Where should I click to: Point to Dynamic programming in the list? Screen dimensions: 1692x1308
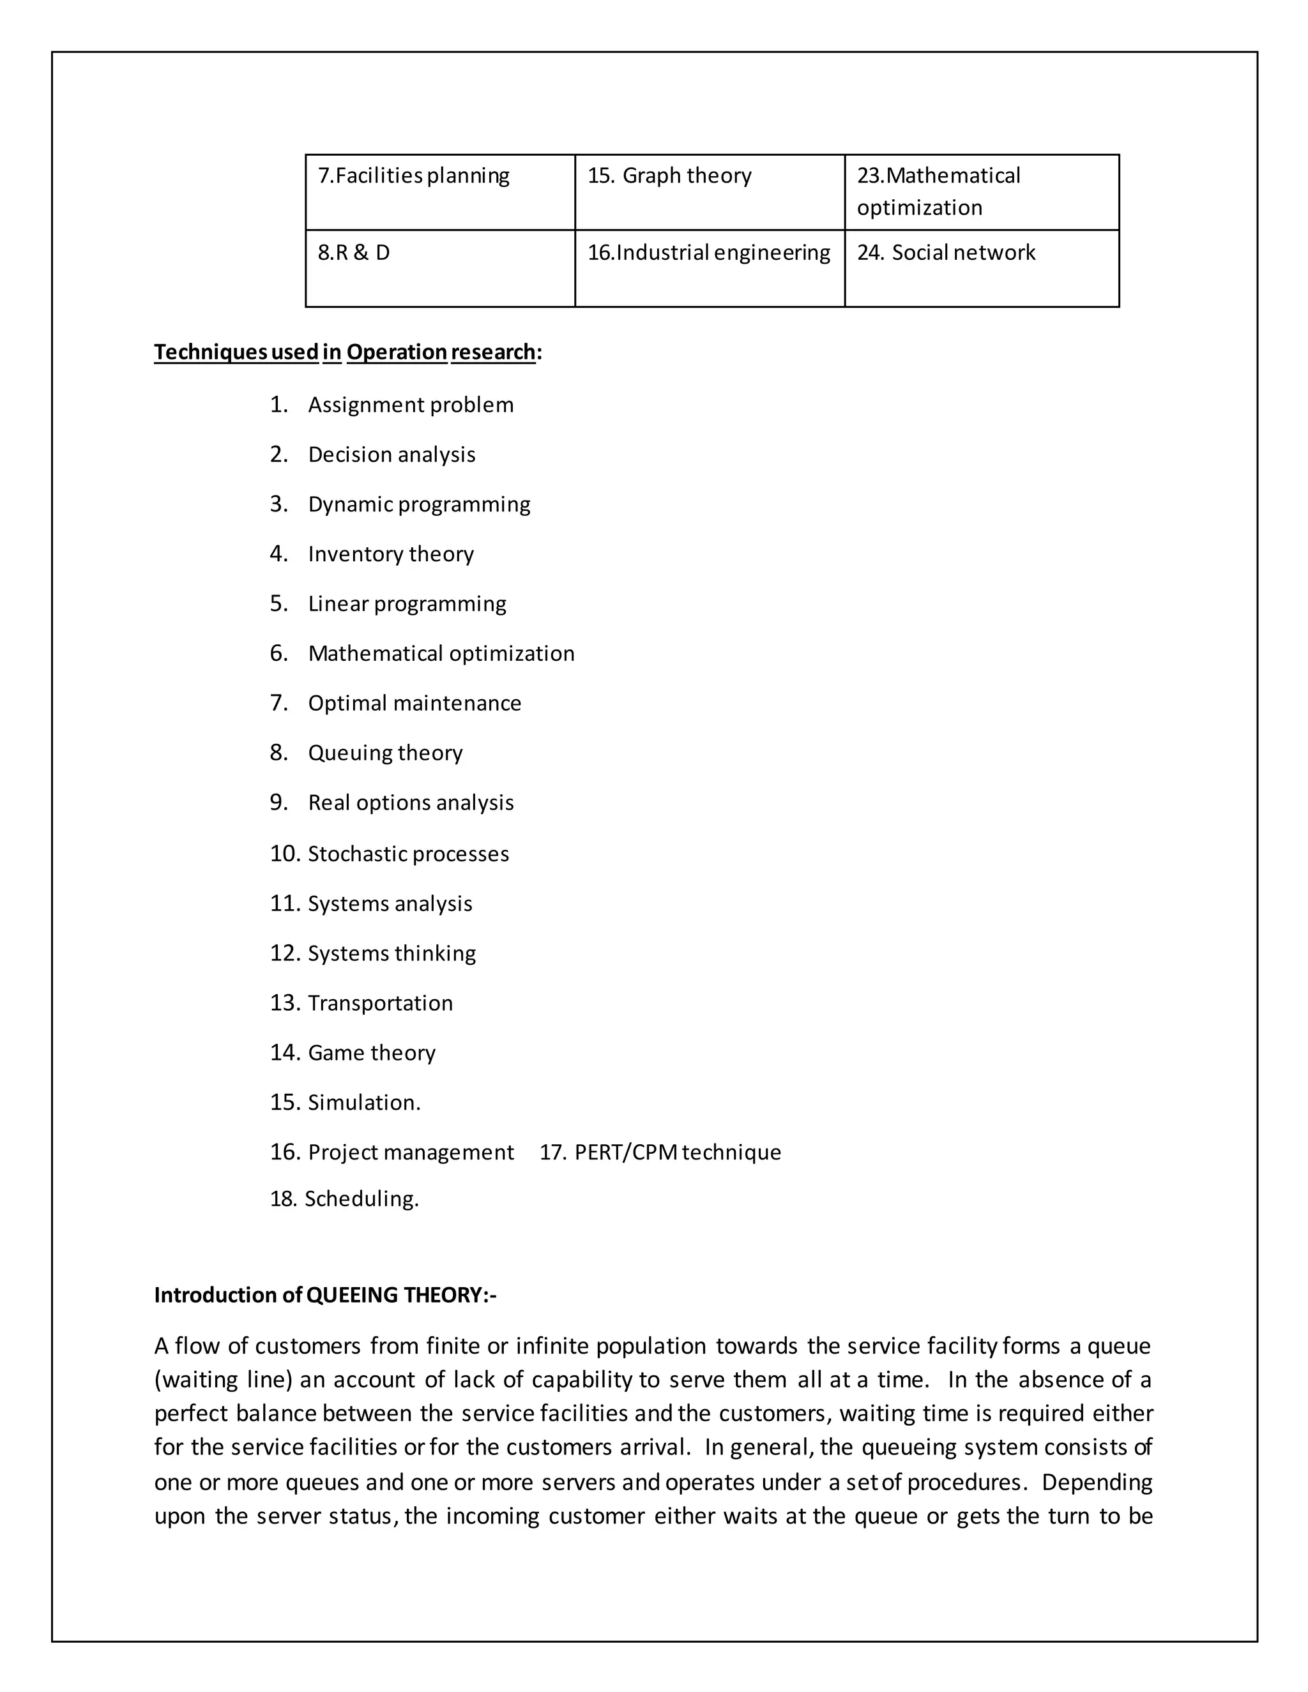[x=418, y=504]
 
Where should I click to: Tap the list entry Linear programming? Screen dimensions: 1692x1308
[x=407, y=603]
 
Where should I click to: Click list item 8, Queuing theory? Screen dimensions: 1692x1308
[x=385, y=753]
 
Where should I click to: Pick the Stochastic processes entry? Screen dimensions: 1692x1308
[x=408, y=854]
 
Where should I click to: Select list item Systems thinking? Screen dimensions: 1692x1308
[x=392, y=953]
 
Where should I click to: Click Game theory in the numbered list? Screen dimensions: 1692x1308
[x=372, y=1053]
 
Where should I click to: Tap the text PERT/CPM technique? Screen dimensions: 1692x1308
[x=677, y=1152]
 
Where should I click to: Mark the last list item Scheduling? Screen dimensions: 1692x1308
[x=361, y=1198]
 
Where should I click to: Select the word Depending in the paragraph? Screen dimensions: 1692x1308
[x=1097, y=1482]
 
